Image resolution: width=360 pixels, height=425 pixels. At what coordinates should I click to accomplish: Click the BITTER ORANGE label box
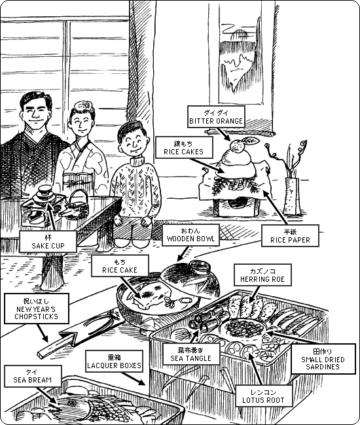pyautogui.click(x=216, y=117)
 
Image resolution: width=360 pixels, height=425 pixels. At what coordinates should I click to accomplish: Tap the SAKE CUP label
pyautogui.click(x=48, y=242)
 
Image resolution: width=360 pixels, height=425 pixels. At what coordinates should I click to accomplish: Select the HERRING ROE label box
pyautogui.click(x=262, y=275)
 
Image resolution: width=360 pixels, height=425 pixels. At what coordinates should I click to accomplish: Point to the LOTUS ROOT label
pyautogui.click(x=263, y=396)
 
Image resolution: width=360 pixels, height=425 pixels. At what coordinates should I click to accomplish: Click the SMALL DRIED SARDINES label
pyautogui.click(x=323, y=359)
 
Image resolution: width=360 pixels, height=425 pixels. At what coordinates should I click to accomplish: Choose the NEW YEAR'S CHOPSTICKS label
pyautogui.click(x=37, y=309)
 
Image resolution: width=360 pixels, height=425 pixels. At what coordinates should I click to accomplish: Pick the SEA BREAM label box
pyautogui.click(x=33, y=376)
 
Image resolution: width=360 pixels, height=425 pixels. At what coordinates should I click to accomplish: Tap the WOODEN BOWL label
pyautogui.click(x=190, y=235)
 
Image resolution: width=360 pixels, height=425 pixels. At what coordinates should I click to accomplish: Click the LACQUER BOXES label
pyautogui.click(x=114, y=362)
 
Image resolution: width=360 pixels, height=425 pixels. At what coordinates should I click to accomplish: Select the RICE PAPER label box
pyautogui.click(x=290, y=236)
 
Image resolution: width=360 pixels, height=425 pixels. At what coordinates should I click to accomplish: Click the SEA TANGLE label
pyautogui.click(x=191, y=354)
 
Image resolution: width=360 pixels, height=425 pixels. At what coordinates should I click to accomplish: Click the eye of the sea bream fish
pyautogui.click(x=71, y=403)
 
